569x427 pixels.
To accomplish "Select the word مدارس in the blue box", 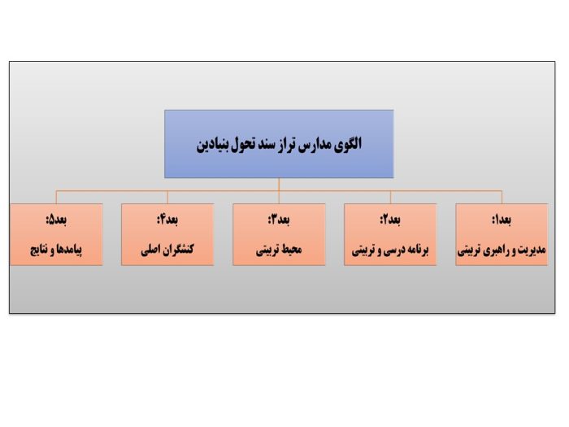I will coord(312,146).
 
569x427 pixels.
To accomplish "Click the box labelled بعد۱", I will coord(502,234).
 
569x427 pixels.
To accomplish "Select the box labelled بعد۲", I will coord(390,234).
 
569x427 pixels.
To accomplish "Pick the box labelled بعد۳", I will coord(279,234).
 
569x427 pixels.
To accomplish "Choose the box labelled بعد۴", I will coord(167,234).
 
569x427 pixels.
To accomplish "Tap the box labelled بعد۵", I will coord(56,234).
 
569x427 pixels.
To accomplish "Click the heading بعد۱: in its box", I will coord(502,220).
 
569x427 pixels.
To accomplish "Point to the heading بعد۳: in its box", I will coord(279,220).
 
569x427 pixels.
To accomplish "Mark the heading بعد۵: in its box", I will coord(56,220).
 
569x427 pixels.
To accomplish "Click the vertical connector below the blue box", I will coord(279,185).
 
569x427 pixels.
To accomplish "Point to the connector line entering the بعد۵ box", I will coord(56,197).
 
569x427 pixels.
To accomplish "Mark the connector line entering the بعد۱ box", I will coord(502,197).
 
